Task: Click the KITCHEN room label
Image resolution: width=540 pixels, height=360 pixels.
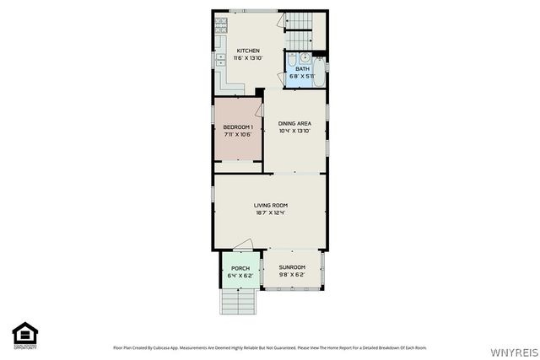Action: coord(248,51)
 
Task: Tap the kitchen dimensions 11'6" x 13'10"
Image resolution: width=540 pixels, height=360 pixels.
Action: coord(248,58)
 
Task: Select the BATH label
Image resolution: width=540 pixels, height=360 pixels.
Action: coord(302,69)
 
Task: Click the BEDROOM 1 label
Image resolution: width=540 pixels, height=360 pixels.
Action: coord(238,126)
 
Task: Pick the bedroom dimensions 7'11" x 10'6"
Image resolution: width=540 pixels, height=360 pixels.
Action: coord(238,134)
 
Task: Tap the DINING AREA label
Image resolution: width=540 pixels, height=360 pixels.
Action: coord(294,124)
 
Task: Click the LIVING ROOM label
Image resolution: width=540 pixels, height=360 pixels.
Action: coord(271,205)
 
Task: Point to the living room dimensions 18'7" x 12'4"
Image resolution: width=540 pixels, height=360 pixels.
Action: coord(271,212)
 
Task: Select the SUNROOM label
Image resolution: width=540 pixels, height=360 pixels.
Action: coord(292,267)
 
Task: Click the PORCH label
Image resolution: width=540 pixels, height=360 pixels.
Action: coord(240,267)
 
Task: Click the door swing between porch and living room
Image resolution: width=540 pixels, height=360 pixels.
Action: coord(243,245)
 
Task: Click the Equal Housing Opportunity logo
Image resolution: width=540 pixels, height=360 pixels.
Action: coord(22,336)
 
